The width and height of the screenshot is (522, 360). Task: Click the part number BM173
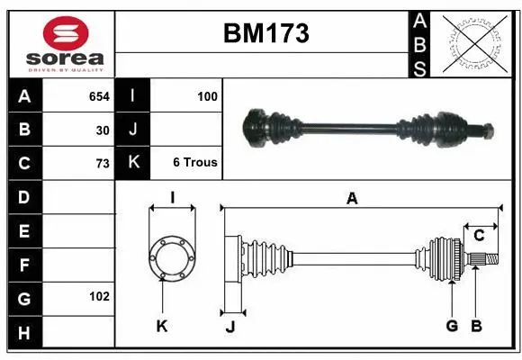(265, 34)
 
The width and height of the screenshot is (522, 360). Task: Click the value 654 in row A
(99, 96)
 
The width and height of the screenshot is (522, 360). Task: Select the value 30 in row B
(103, 130)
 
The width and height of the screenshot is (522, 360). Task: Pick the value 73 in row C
(103, 164)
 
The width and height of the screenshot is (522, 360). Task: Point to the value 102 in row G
(99, 296)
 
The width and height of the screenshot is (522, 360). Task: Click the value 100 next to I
(207, 96)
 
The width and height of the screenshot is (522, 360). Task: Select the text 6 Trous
(194, 163)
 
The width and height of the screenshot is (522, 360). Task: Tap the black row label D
(24, 196)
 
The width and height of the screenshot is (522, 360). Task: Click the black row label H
(24, 333)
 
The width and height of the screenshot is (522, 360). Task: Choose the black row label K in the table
(132, 163)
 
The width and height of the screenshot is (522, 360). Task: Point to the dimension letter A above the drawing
(352, 199)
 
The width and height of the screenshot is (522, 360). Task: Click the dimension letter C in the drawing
(479, 236)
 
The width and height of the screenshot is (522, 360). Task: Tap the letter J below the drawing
(229, 327)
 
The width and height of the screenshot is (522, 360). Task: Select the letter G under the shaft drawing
(452, 326)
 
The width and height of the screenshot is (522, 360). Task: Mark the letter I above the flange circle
(171, 198)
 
